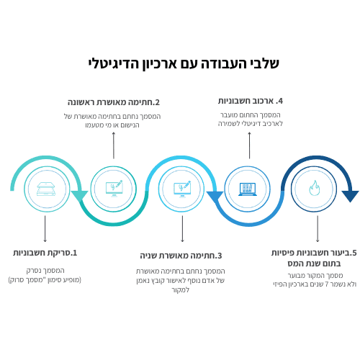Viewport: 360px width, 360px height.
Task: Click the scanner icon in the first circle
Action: [46, 189]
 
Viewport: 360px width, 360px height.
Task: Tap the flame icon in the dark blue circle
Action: [315, 188]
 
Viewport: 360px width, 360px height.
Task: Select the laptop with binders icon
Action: [248, 189]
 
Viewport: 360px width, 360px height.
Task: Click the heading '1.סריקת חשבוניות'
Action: [45, 253]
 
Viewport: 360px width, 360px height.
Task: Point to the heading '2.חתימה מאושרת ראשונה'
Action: [114, 102]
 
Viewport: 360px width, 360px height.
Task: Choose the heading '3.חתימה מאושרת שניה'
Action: [181, 256]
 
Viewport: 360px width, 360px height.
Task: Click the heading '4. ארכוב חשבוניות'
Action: [251, 101]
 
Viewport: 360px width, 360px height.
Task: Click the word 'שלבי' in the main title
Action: [264, 63]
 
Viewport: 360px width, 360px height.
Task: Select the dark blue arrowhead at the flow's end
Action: [350, 196]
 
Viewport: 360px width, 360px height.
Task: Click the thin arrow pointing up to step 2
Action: [114, 145]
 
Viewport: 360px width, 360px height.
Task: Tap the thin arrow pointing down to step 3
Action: [182, 229]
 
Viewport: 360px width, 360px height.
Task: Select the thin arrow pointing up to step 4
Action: [250, 145]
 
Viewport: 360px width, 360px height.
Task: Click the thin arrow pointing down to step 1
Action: [45, 229]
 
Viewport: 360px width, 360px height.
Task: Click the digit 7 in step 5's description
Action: [327, 284]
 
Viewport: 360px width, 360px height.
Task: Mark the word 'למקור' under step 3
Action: [181, 290]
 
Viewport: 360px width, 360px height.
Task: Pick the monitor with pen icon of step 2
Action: [114, 189]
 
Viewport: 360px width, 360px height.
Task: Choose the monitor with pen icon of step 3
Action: [182, 189]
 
